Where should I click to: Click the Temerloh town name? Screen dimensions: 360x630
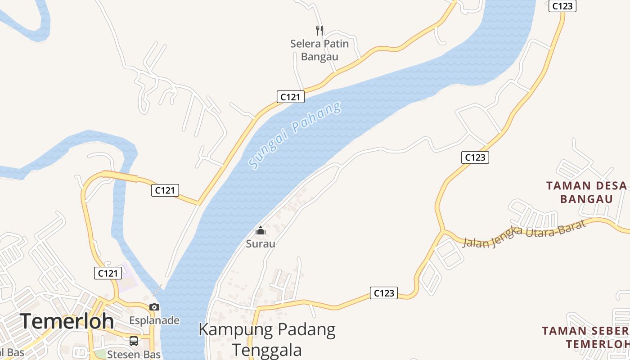[67, 321]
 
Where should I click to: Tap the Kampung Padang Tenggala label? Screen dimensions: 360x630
[267, 339]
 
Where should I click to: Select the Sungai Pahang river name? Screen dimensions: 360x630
[295, 135]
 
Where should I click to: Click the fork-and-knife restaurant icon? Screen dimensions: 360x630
[319, 31]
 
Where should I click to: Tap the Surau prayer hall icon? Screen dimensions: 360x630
[261, 231]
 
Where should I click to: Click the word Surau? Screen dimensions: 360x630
[261, 244]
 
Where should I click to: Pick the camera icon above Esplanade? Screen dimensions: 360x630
[154, 307]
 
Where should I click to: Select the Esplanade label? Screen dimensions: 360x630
[154, 320]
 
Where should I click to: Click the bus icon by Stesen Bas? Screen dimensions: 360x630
[134, 341]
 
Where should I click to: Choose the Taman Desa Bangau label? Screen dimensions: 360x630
[586, 192]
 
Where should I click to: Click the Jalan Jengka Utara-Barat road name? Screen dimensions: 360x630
[524, 234]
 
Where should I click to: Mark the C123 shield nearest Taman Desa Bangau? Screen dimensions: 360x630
[475, 157]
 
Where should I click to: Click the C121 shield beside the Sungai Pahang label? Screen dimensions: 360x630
[290, 96]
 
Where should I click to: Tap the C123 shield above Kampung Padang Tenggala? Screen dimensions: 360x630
[384, 293]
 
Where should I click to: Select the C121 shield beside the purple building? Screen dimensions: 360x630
[108, 273]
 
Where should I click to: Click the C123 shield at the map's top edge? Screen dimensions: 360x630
[562, 6]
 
